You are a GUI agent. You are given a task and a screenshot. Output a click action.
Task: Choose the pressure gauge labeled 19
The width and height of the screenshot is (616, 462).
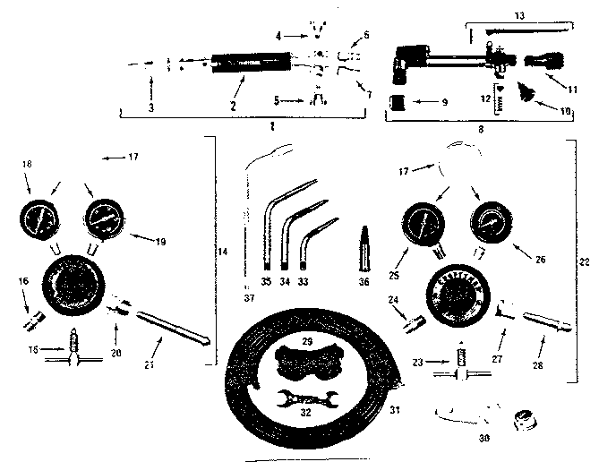coord(102,219)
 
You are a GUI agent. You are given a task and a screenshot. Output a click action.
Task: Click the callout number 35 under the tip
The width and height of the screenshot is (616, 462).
coord(265,282)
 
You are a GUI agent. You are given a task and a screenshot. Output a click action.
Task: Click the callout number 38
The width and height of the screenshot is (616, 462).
coord(483,440)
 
